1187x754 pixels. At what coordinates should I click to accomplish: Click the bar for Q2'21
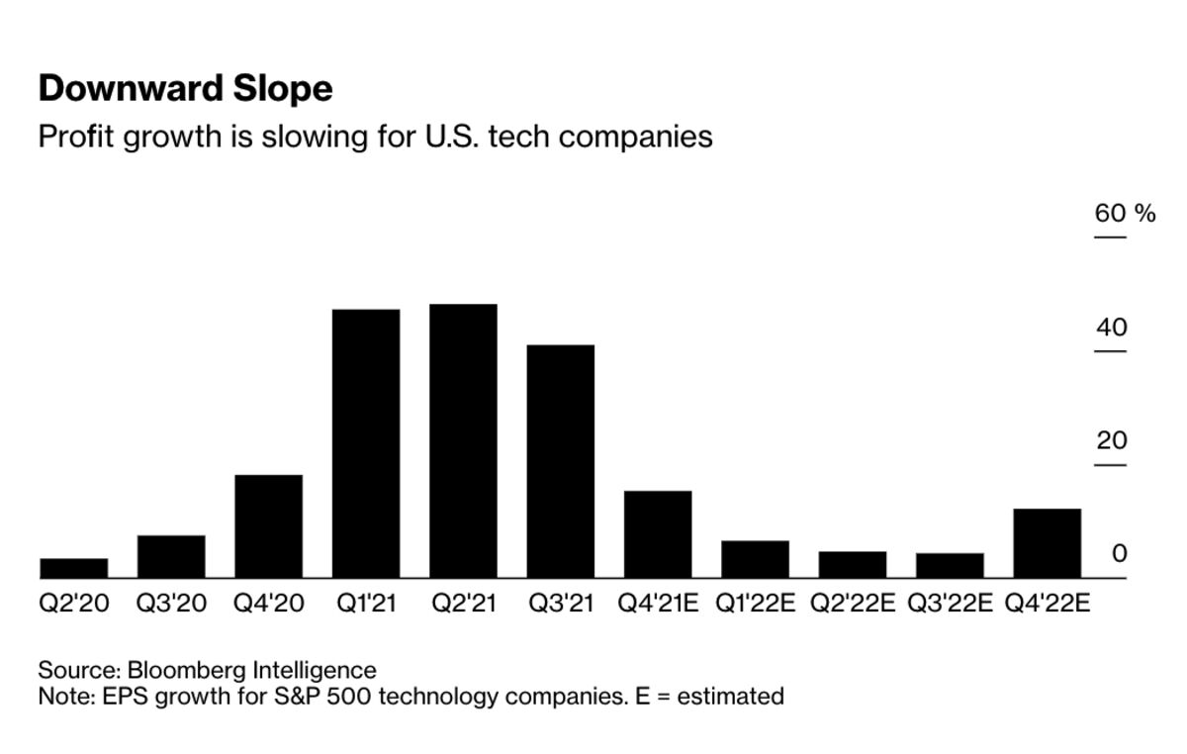click(463, 441)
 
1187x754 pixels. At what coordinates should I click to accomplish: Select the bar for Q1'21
click(366, 444)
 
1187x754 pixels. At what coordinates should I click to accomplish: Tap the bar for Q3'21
click(561, 462)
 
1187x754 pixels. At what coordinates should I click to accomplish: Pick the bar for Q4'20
click(268, 526)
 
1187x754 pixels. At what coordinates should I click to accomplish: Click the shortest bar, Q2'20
click(74, 568)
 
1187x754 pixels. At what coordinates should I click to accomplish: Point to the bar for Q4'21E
click(658, 534)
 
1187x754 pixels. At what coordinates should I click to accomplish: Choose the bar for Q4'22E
click(1048, 543)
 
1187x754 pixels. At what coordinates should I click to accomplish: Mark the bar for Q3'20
click(171, 556)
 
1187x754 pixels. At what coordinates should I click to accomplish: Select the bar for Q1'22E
click(755, 559)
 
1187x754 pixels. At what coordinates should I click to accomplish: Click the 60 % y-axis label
click(1125, 214)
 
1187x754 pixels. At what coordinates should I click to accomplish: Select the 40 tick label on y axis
click(1111, 328)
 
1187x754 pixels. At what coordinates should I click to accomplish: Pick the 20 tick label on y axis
click(1111, 441)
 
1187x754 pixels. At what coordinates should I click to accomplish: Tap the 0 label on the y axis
click(1119, 554)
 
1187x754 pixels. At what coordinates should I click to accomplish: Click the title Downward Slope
click(185, 90)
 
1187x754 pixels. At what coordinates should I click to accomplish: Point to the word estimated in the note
click(729, 697)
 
